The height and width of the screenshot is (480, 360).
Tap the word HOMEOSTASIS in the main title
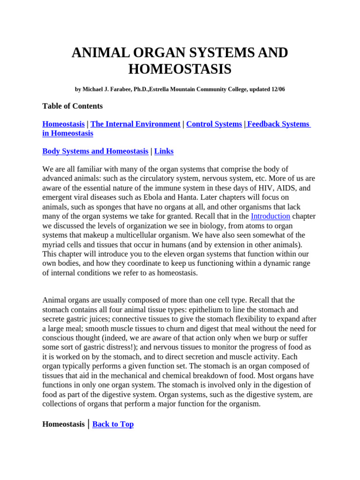[x=180, y=69]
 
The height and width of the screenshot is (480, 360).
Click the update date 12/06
[x=277, y=89]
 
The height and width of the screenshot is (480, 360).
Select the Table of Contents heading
[x=72, y=106]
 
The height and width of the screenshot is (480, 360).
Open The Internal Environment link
[x=135, y=124]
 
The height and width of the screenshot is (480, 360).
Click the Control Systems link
[x=214, y=124]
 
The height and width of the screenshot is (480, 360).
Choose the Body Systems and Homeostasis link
[x=95, y=151]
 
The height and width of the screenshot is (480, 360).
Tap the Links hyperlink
[x=164, y=151]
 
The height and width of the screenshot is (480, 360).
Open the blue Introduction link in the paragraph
[x=270, y=216]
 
